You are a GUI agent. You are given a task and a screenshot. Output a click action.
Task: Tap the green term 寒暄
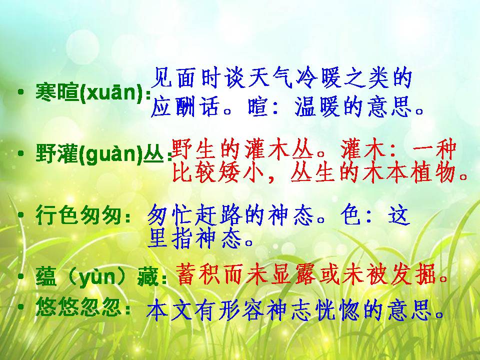pos(57,92)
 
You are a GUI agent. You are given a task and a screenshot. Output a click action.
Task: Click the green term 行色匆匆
pos(78,215)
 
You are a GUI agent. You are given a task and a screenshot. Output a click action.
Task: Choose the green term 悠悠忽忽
pos(78,306)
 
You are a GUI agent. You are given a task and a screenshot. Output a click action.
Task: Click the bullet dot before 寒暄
pos(20,92)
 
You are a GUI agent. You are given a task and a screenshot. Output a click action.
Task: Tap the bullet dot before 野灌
pos(20,153)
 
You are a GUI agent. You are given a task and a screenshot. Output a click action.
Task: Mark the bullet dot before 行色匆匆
pos(20,215)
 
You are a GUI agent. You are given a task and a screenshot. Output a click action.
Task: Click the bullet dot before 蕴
pos(20,276)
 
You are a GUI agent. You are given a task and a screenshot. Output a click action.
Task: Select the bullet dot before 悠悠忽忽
pos(20,306)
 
